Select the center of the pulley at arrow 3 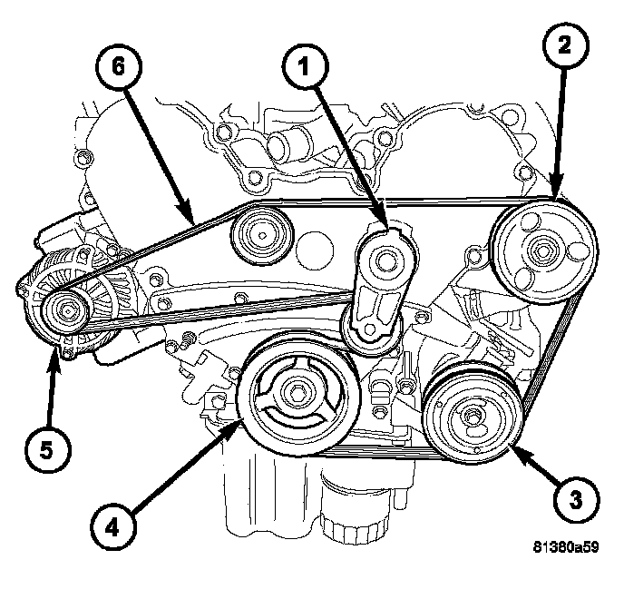(x=473, y=417)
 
